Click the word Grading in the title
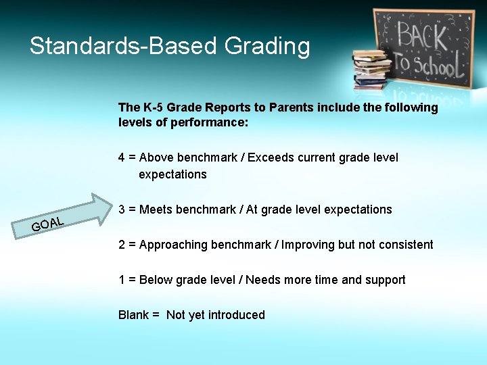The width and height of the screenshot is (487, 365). click(266, 47)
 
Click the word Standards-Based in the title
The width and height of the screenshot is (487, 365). click(124, 47)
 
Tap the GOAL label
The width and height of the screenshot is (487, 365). click(47, 224)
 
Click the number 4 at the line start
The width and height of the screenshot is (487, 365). click(122, 157)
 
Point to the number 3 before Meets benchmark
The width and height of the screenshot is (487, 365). click(122, 210)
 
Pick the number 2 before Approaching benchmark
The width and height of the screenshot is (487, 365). click(122, 245)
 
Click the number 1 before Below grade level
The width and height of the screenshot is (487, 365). click(122, 280)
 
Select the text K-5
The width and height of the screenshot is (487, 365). click(152, 107)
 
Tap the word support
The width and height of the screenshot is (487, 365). click(386, 280)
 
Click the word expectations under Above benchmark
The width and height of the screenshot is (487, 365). click(172, 174)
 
